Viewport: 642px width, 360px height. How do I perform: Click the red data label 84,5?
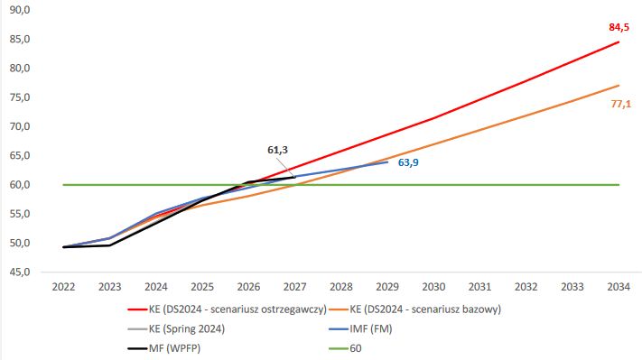[x=619, y=27]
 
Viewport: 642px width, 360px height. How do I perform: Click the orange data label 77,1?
[x=621, y=105]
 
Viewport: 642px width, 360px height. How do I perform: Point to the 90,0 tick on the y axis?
[x=19, y=10]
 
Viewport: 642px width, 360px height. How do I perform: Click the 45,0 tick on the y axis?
[x=19, y=272]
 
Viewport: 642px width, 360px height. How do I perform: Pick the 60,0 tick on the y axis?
[x=19, y=185]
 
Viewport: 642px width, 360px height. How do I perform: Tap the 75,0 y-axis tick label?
[x=19, y=97]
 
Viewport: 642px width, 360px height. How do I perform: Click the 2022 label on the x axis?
[x=63, y=286]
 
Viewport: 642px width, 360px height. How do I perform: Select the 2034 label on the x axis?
[x=619, y=286]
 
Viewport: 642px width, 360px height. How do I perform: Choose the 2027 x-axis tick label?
[x=294, y=286]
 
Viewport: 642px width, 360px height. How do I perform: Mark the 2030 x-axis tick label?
[x=433, y=286]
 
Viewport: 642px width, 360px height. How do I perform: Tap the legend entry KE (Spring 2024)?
[x=188, y=328]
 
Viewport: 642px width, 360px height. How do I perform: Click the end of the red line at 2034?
[x=619, y=42]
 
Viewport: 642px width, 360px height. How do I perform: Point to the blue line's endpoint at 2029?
[x=387, y=162]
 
